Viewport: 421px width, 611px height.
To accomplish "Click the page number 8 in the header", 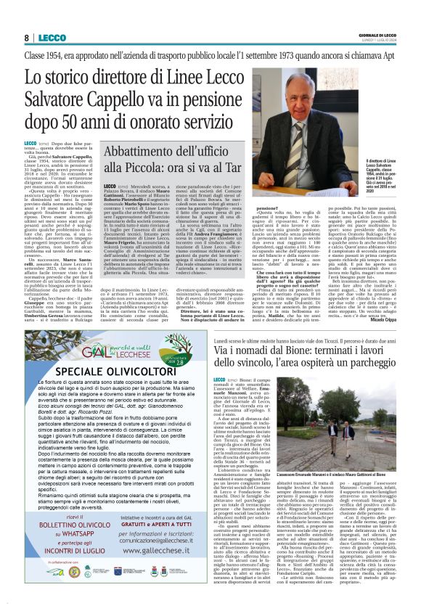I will point(27,37).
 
